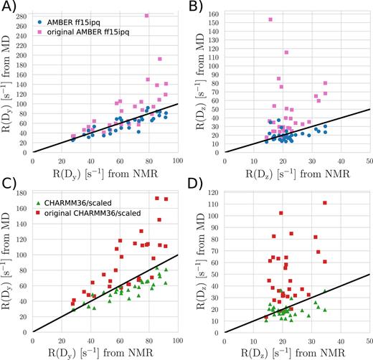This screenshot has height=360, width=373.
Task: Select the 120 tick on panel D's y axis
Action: pyautogui.click(x=214, y=192)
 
